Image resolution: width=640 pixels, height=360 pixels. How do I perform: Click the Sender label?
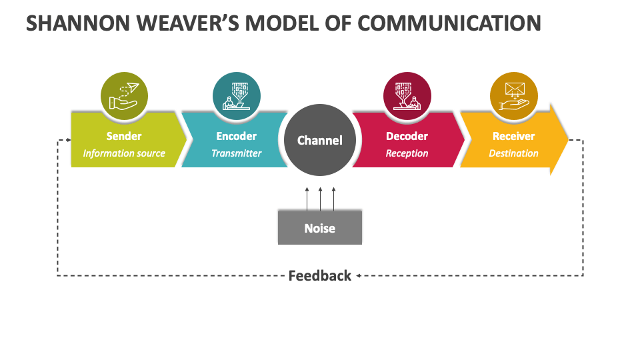click(x=124, y=136)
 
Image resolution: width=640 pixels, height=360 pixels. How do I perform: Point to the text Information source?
click(x=124, y=153)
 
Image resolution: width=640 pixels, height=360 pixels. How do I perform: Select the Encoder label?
click(x=236, y=136)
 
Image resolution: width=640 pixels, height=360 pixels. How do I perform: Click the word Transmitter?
click(x=236, y=153)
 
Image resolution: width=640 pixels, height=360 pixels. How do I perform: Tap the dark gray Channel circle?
click(x=320, y=141)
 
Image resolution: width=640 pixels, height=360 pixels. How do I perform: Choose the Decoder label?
click(x=407, y=136)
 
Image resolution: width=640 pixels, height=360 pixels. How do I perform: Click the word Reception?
click(x=407, y=153)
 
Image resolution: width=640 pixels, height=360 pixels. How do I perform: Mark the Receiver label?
click(x=513, y=136)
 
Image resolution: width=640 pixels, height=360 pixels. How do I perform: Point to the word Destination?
click(x=513, y=153)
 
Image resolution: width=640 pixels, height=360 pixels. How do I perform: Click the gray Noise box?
click(x=320, y=228)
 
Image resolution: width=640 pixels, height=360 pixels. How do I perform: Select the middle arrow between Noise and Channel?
click(x=321, y=198)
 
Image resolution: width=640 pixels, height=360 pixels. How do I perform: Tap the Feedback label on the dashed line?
click(x=319, y=276)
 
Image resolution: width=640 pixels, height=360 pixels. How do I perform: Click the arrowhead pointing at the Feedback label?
click(x=359, y=275)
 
